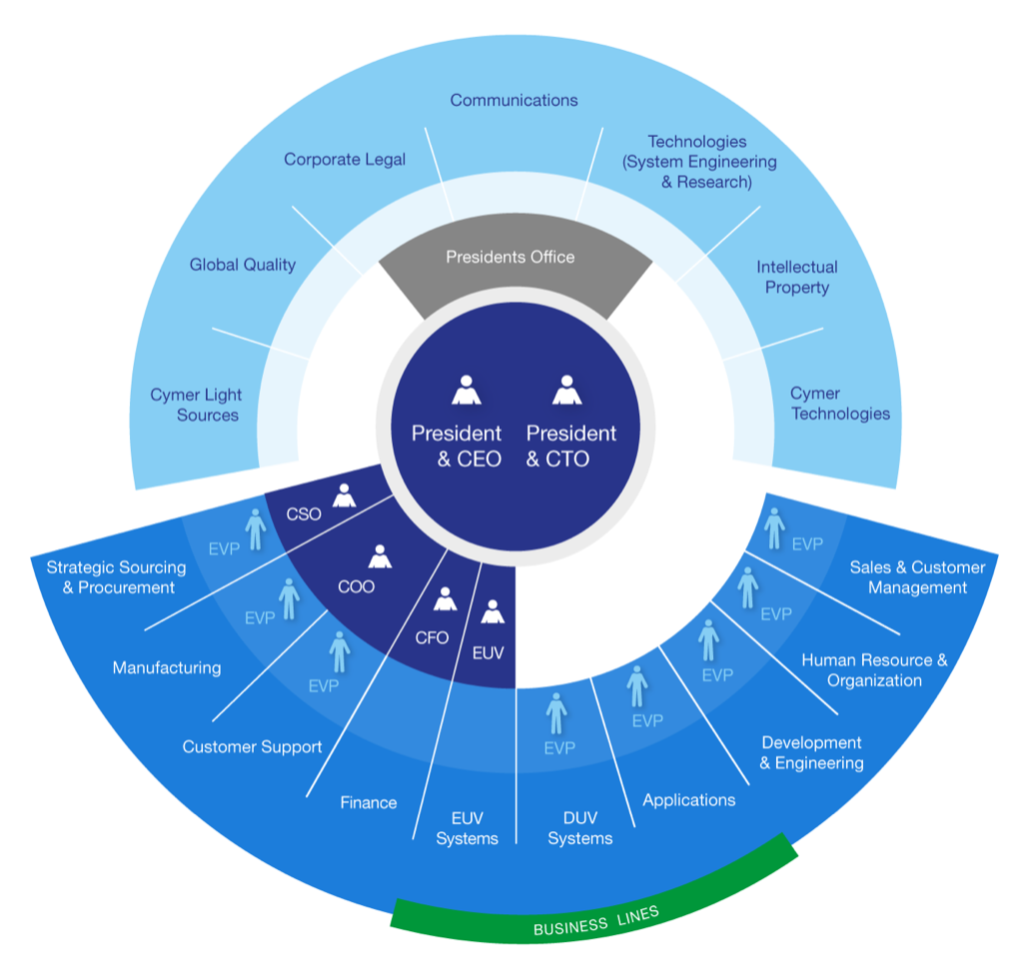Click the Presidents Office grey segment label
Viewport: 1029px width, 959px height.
(x=511, y=258)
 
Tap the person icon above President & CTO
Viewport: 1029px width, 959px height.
(x=567, y=391)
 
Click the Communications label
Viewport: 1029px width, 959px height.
(x=514, y=100)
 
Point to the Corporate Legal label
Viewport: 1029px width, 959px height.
(x=345, y=160)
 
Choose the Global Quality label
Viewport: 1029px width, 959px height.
(x=243, y=265)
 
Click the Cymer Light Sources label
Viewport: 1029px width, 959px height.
(x=196, y=405)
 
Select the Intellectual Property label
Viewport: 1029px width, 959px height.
(x=796, y=278)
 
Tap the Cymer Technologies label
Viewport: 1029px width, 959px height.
(x=839, y=404)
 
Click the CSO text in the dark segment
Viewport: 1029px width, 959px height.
(x=304, y=514)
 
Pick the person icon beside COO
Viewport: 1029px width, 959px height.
(x=380, y=557)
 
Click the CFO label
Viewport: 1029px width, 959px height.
(x=432, y=637)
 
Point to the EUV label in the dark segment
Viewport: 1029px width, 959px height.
(x=488, y=653)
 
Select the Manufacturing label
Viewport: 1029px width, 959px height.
(x=167, y=667)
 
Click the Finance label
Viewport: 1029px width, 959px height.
(x=368, y=802)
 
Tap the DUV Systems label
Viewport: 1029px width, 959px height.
(x=579, y=828)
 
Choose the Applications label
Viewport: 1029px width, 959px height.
(x=688, y=799)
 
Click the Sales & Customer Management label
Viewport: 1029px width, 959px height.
(x=917, y=577)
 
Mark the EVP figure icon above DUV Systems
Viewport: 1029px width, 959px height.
(x=556, y=713)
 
